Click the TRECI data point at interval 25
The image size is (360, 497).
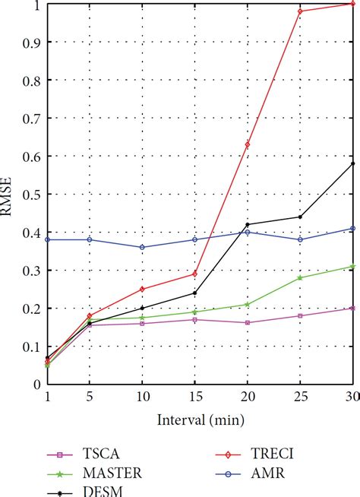click(300, 11)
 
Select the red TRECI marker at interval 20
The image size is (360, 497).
click(248, 144)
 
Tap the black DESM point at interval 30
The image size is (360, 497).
click(352, 163)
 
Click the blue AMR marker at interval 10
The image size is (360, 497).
click(142, 247)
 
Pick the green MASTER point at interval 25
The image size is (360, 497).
click(300, 277)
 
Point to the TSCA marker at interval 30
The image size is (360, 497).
click(352, 308)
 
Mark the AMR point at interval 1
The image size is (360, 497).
click(47, 239)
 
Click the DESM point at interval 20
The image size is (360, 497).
click(248, 224)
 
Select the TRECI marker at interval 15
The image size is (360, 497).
click(194, 274)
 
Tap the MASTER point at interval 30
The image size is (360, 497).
click(352, 266)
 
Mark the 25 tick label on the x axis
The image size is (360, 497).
click(300, 397)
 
